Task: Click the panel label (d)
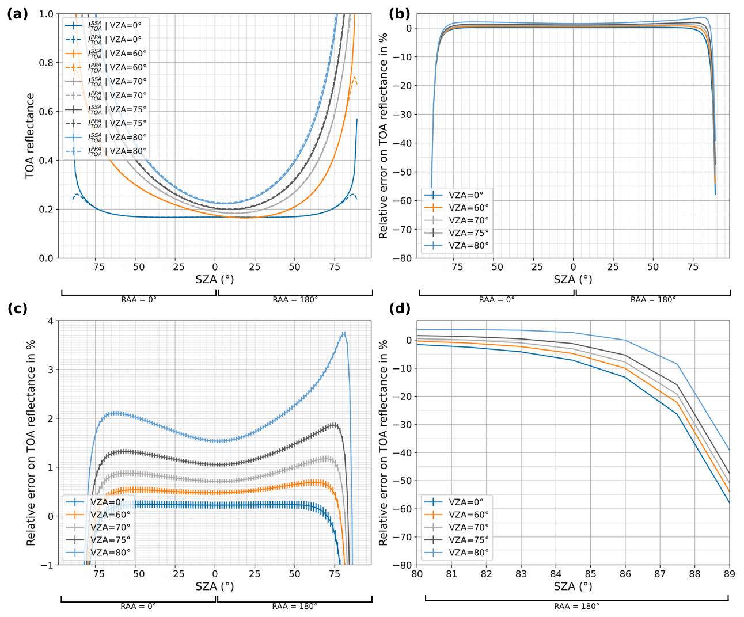pos(400,308)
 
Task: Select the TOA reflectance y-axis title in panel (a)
pos(31,136)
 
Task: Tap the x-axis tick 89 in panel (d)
pos(729,574)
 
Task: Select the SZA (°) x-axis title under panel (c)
pos(215,586)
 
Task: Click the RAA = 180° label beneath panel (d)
pos(576,606)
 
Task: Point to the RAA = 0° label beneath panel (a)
pos(139,299)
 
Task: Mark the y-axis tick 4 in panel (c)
pos(51,321)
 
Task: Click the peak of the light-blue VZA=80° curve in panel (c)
pos(344,333)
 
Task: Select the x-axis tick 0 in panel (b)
pos(574,267)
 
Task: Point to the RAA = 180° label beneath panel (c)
pos(295,606)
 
